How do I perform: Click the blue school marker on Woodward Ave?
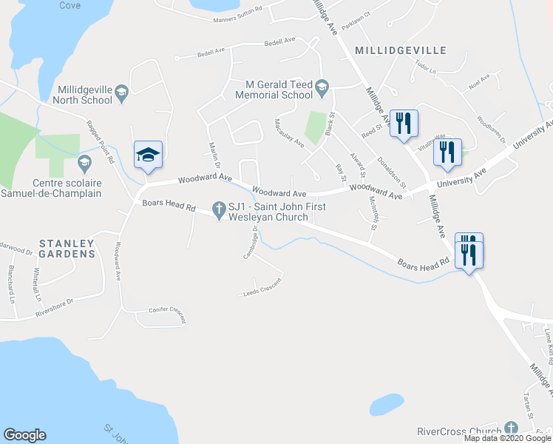pyautogui.click(x=148, y=154)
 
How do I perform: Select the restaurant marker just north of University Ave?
pyautogui.click(x=447, y=152)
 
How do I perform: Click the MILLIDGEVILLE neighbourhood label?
pyautogui.click(x=401, y=50)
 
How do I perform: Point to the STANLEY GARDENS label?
pyautogui.click(x=67, y=249)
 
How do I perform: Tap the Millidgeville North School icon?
pyautogui.click(x=122, y=92)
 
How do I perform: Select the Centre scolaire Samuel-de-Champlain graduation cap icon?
pyautogui.click(x=84, y=162)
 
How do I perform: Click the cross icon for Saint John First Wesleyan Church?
pyautogui.click(x=219, y=212)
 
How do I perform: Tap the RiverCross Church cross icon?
pyautogui.click(x=510, y=429)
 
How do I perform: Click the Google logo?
pyautogui.click(x=24, y=435)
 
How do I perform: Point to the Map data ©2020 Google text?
pyautogui.click(x=508, y=438)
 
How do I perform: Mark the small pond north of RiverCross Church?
pyautogui.click(x=387, y=404)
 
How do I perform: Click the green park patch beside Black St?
pyautogui.click(x=316, y=127)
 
